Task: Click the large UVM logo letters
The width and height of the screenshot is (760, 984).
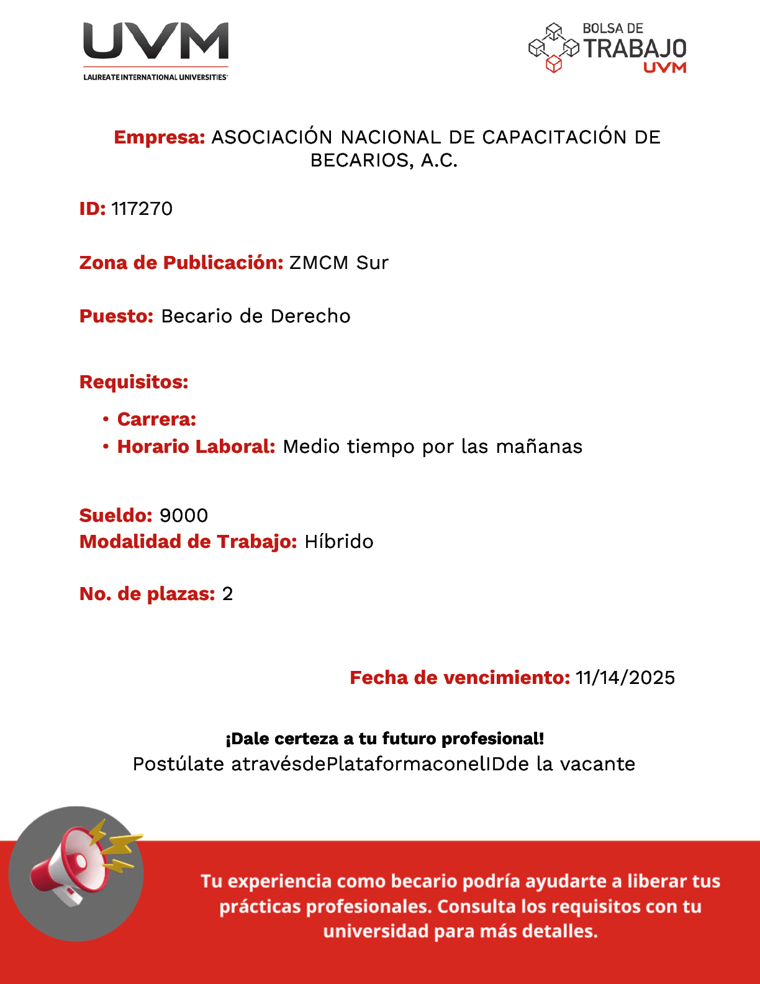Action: point(156,42)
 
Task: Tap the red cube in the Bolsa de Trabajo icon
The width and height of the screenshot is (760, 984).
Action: point(553,64)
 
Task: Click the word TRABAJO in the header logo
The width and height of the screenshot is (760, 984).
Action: point(635,48)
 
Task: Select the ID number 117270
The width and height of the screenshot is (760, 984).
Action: point(142,209)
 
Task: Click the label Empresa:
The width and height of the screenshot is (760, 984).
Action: point(160,137)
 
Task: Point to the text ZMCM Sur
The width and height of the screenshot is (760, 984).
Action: point(338,263)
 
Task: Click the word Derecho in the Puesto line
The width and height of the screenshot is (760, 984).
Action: point(310,316)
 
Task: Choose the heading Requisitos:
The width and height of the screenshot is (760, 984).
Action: point(133,382)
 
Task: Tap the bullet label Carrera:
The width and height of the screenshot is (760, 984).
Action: point(156,419)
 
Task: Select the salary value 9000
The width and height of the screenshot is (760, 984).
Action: point(184,516)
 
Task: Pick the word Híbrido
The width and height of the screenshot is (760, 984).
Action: point(339,542)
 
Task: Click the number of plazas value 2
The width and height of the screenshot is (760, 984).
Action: point(228,594)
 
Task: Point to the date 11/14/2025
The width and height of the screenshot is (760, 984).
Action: point(625,678)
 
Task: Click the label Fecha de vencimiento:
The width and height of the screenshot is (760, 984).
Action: point(459,678)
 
